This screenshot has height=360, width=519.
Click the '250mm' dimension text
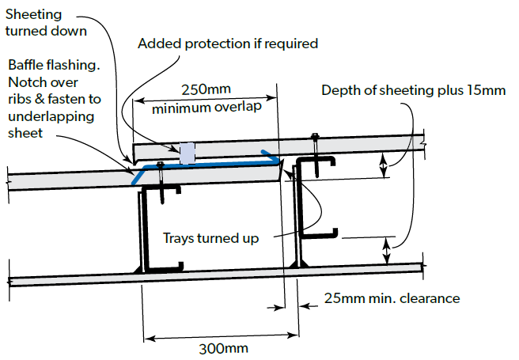(206, 89)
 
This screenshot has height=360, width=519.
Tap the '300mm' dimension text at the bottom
(223, 349)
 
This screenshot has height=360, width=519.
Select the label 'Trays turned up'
(210, 238)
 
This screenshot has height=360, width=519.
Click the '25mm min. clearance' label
(392, 298)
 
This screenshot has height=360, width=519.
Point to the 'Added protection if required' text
(228, 44)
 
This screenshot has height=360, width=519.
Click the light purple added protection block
(188, 153)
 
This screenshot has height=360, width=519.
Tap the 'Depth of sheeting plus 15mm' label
(414, 90)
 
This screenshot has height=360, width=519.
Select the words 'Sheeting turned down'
(46, 22)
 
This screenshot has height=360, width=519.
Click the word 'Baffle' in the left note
(25, 65)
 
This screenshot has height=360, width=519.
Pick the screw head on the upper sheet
(315, 135)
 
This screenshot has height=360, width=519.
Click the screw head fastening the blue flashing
(160, 164)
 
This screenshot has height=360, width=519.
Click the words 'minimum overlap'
(206, 108)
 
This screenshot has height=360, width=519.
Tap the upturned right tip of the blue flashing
(263, 152)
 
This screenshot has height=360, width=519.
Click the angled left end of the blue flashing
(133, 183)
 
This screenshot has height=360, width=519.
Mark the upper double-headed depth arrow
(383, 165)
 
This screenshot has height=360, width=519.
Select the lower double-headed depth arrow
(387, 251)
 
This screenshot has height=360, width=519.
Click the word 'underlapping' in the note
(51, 117)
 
